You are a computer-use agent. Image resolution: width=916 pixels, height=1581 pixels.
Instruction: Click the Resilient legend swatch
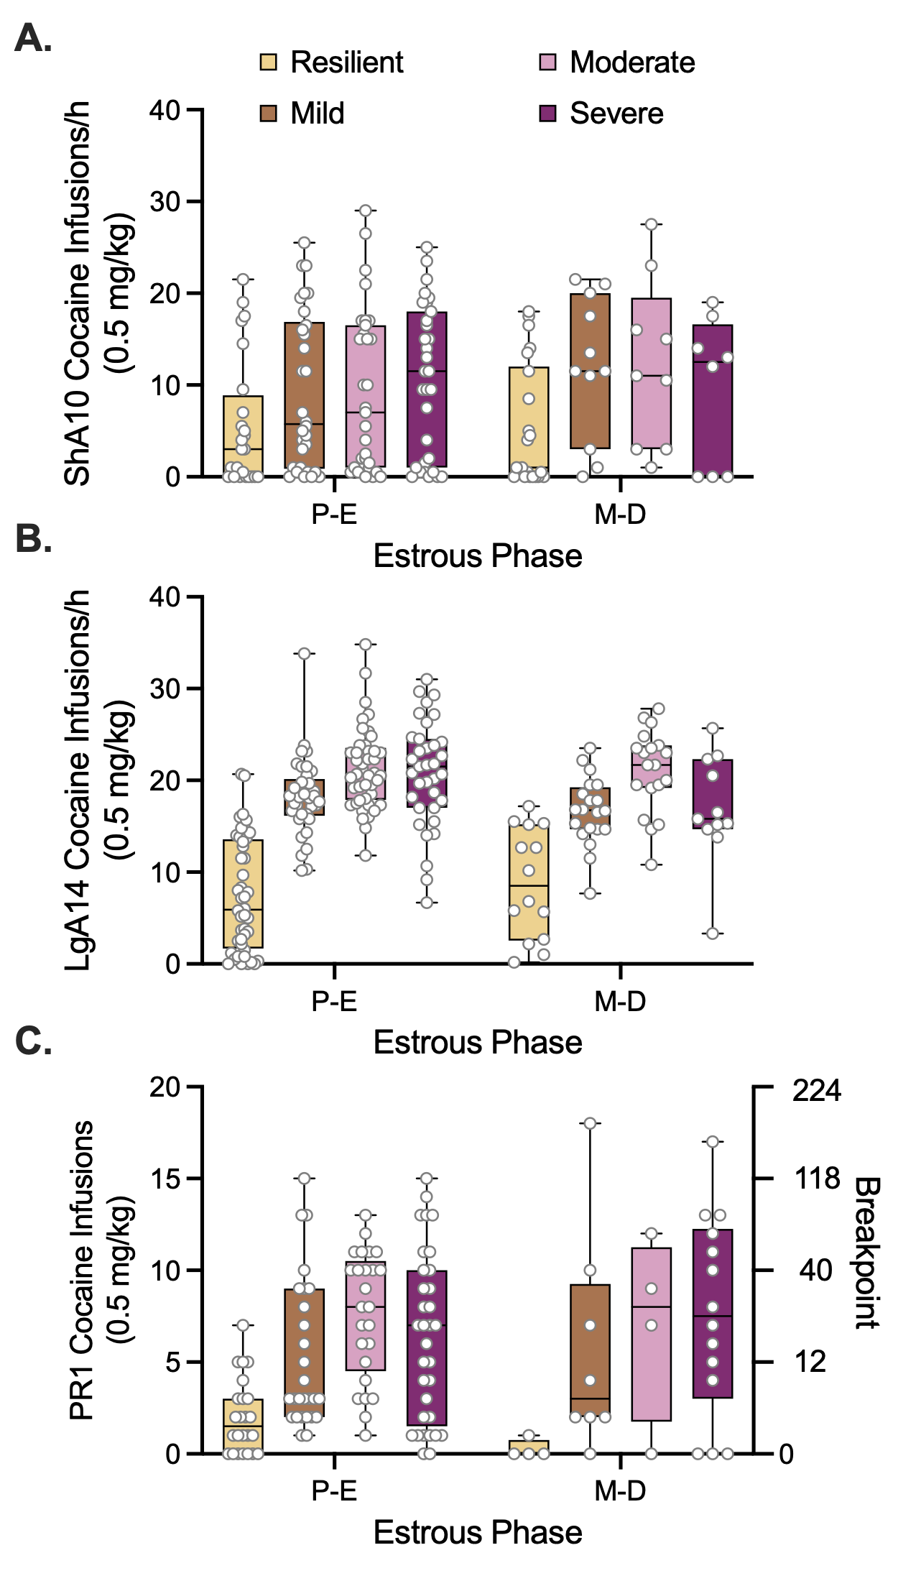[x=268, y=63]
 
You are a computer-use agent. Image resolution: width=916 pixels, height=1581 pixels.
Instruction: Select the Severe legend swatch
[x=548, y=114]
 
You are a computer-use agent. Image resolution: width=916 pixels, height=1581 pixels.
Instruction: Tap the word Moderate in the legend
[x=632, y=63]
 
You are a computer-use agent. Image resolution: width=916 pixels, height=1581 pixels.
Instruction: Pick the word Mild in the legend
[x=318, y=114]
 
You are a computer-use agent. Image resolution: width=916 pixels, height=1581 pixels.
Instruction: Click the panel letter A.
[x=32, y=37]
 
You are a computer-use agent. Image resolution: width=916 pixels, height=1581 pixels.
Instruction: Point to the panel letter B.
[x=32, y=538]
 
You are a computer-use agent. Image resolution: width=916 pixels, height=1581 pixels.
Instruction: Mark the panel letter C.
[x=32, y=1041]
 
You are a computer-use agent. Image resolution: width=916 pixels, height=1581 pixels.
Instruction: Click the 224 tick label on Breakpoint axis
[x=816, y=1090]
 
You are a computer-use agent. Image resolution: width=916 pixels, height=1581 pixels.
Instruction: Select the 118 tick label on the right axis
[x=816, y=1179]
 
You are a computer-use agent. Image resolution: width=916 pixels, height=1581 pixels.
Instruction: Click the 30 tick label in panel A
[x=165, y=202]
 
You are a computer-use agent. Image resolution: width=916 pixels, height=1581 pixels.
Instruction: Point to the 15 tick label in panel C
[x=165, y=1179]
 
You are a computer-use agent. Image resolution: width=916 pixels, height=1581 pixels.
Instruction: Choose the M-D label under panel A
[x=620, y=515]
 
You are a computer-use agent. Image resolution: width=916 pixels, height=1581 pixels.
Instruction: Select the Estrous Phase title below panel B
[x=477, y=1043]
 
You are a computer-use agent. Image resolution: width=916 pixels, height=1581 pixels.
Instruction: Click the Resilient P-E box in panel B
[x=243, y=894]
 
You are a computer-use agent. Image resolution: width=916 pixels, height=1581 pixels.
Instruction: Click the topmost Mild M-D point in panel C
[x=590, y=1123]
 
